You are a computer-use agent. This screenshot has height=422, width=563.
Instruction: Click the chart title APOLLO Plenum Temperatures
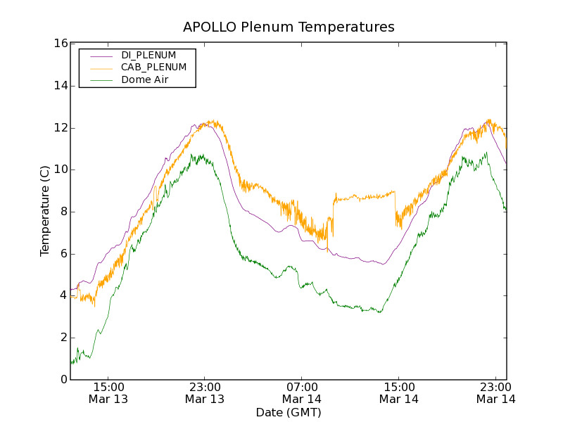coord(289,27)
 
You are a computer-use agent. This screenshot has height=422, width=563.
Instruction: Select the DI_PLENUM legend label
coord(148,55)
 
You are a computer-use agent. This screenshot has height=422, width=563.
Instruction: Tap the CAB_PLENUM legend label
coord(153,68)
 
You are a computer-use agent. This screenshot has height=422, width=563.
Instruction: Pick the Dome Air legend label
coord(145,80)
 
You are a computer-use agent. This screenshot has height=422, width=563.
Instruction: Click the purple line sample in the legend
coord(102,56)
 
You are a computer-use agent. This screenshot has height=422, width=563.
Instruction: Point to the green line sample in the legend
coord(102,81)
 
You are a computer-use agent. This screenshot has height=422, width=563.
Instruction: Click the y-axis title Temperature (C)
coord(45,211)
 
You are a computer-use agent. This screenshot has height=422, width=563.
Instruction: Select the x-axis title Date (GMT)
coord(289,412)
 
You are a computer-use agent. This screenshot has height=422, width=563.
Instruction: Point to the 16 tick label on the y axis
coord(60,44)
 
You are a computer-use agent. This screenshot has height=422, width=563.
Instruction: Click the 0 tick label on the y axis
coord(63,380)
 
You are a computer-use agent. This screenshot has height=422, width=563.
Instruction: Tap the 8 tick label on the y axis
coord(63,212)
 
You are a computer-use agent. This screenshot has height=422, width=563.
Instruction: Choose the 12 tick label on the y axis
coord(60,128)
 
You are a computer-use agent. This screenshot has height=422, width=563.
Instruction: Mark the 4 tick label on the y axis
coord(63,295)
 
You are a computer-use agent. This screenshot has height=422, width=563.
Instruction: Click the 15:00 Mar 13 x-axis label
coord(108,392)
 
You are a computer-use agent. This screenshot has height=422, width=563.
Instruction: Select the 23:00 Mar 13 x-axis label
coord(205,392)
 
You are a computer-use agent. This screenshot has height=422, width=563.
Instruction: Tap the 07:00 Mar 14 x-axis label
coord(302,392)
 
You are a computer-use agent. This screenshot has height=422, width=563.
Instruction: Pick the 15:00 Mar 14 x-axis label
coord(399,392)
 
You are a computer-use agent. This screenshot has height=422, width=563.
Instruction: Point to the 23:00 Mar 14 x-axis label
coord(495,392)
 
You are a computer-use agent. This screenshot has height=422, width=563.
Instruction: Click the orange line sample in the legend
coord(102,68)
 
